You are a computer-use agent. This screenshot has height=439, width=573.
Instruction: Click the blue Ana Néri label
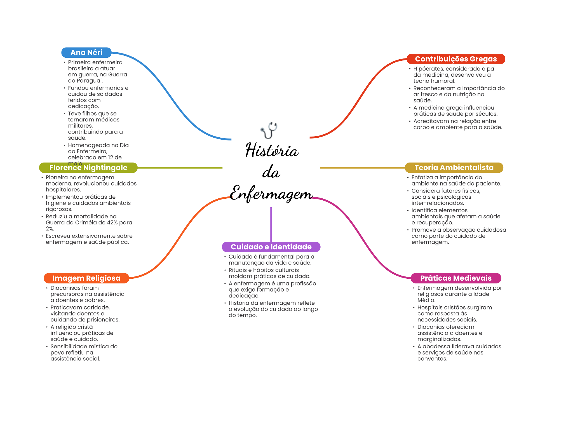click(x=86, y=53)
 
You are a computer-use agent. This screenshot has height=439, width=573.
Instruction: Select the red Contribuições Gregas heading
click(x=456, y=59)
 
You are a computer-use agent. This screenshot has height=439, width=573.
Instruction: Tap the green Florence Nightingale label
click(x=88, y=168)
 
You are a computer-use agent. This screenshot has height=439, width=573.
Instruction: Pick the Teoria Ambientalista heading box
click(x=454, y=168)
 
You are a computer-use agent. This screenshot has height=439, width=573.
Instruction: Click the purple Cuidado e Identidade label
click(x=271, y=247)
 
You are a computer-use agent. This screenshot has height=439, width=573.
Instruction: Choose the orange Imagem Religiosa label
click(x=86, y=278)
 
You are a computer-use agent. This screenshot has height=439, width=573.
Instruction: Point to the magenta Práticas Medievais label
click(x=456, y=278)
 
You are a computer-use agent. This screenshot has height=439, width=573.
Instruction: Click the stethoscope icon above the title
click(x=269, y=130)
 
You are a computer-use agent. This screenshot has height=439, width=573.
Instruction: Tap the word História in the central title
click(x=272, y=150)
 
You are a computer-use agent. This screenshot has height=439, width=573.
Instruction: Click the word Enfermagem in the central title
click(x=271, y=193)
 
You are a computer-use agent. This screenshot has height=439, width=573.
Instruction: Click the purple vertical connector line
click(x=271, y=224)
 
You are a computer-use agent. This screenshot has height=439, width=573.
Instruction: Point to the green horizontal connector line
click(x=180, y=168)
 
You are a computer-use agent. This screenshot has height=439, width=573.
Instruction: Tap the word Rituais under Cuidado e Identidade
click(x=238, y=270)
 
